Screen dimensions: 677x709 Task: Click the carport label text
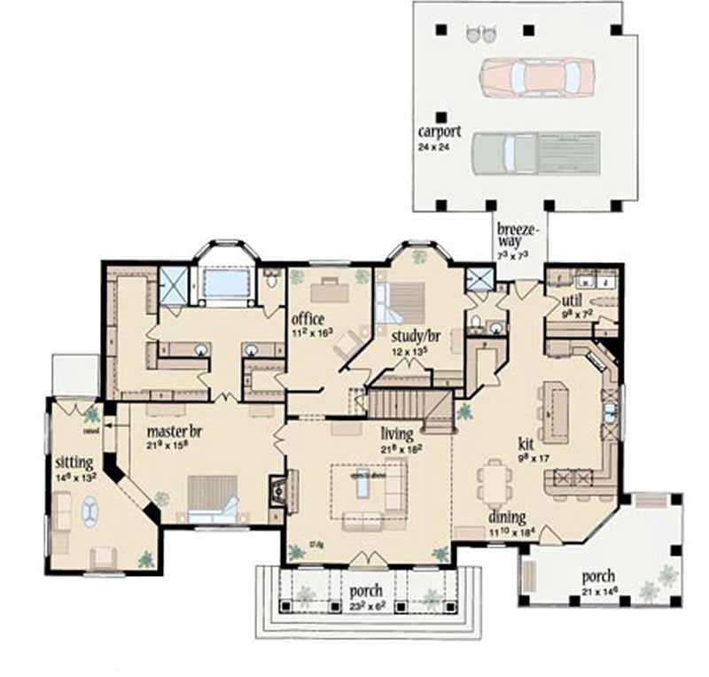click(440, 132)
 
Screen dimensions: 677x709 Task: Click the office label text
click(308, 319)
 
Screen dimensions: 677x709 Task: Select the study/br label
click(410, 337)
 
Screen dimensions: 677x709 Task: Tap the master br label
click(174, 432)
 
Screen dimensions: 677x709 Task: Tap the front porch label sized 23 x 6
click(365, 590)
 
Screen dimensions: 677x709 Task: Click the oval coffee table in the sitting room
click(90, 512)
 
